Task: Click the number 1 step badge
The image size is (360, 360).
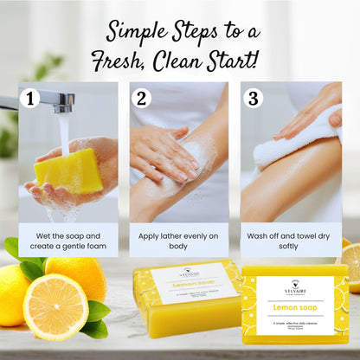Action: tap(29, 98)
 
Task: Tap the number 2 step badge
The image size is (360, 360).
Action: tap(141, 98)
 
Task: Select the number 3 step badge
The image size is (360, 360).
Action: tap(252, 98)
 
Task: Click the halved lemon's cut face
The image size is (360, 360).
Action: tap(55, 306)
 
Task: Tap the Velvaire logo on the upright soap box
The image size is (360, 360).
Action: tap(295, 286)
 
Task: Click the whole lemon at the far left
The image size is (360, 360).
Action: tap(12, 294)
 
